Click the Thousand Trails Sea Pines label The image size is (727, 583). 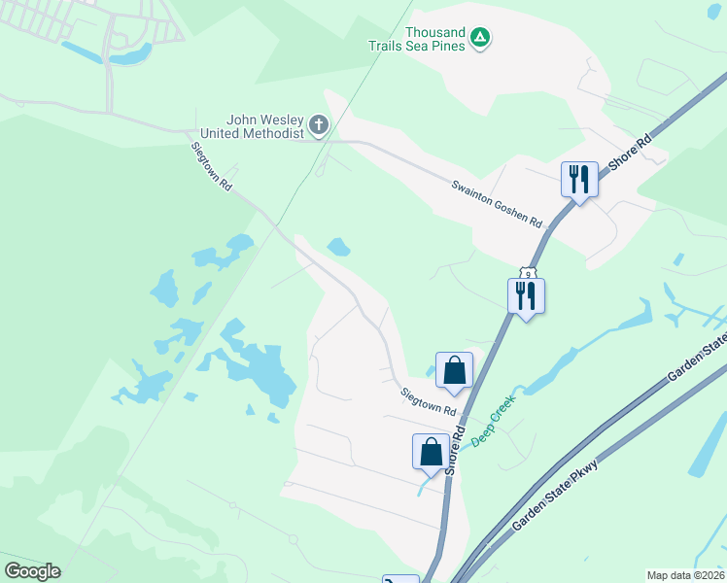[x=417, y=38]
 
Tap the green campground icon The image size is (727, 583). [x=479, y=38]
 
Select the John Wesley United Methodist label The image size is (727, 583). [x=253, y=125]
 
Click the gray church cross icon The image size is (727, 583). [x=319, y=125]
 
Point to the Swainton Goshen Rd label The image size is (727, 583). [x=496, y=203]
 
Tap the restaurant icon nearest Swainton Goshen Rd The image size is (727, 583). [x=578, y=180]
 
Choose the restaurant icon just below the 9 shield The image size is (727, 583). [x=526, y=296]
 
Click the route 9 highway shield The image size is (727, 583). [x=527, y=276]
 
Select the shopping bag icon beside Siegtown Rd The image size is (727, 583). [x=454, y=370]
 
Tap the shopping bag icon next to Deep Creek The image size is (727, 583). [x=431, y=452]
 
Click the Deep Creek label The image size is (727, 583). [x=492, y=426]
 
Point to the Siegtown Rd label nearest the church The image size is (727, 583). [x=211, y=166]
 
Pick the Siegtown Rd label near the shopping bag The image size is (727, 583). [x=430, y=402]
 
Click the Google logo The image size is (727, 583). [x=32, y=571]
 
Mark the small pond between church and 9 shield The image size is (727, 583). [x=338, y=247]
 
